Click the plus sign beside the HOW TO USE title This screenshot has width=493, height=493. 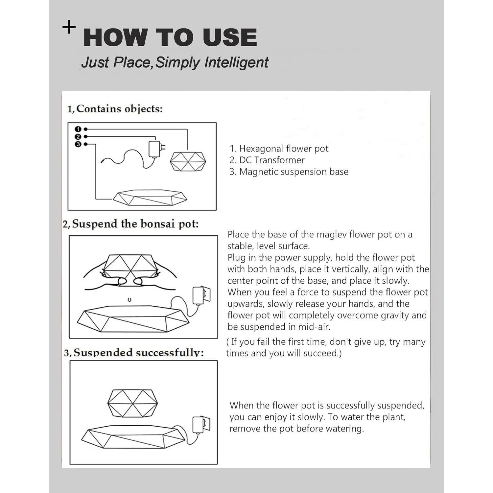click(x=69, y=27)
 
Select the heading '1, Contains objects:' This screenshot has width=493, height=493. click(x=115, y=109)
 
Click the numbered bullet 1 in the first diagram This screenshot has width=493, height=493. click(x=78, y=129)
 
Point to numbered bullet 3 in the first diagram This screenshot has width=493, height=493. click(x=78, y=144)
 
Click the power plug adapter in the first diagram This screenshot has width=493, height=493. click(x=154, y=149)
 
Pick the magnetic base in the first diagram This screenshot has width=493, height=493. click(x=150, y=198)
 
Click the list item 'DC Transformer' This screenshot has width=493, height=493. click(x=271, y=160)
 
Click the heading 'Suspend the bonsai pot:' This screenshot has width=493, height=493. click(x=135, y=224)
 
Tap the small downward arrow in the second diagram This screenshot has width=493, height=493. click(x=129, y=300)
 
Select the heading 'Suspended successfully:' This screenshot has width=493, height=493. click(x=138, y=353)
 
